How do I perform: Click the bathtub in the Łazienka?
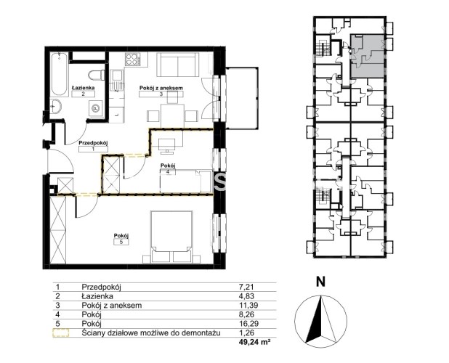pos(60,74)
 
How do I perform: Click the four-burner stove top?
pos(132,60)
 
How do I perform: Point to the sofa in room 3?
pos(177,65)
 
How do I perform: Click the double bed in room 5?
pos(171,237)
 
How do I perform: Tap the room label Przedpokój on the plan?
pos(93,142)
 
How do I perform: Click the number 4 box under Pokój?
pos(168,171)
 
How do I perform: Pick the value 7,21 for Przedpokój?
pos(246,287)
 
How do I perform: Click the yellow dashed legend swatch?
pos(61,333)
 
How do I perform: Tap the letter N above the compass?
pos(320,282)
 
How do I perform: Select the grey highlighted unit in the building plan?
pos(368,56)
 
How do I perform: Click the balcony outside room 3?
pos(242,98)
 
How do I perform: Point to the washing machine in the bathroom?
pos(96,109)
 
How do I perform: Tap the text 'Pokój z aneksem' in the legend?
pos(112,305)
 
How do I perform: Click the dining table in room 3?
pos(172,115)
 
